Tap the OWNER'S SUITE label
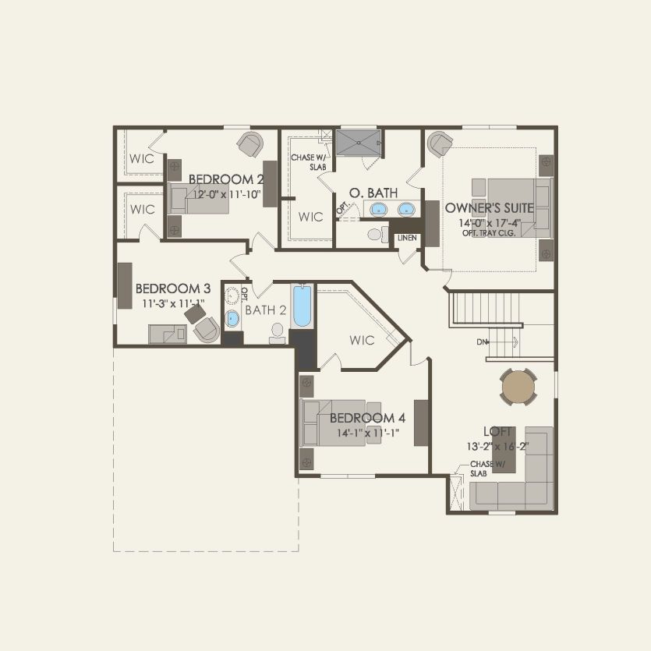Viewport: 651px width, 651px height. click(489, 208)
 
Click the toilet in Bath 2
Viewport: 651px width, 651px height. click(277, 334)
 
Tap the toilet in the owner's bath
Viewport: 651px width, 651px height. click(377, 233)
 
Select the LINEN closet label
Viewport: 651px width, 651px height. click(407, 238)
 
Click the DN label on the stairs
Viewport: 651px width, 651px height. click(483, 342)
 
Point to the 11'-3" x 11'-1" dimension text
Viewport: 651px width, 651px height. click(173, 303)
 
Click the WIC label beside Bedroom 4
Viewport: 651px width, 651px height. click(363, 340)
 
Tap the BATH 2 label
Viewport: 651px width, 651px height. click(266, 310)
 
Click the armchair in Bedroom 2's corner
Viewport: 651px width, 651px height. click(249, 144)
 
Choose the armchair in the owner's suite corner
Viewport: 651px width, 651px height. click(440, 143)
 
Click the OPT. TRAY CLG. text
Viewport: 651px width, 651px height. click(489, 233)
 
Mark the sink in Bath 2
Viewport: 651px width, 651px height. click(232, 318)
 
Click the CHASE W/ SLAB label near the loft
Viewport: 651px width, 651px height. click(487, 469)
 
